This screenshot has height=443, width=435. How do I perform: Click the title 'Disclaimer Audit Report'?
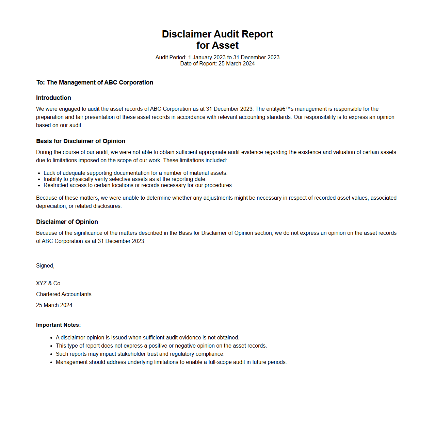(218, 34)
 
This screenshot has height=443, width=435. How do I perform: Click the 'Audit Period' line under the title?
(218, 57)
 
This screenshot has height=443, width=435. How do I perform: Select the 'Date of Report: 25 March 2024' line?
(218, 63)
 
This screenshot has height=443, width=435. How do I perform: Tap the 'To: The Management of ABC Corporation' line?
(95, 82)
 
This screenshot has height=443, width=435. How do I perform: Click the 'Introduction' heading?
(53, 98)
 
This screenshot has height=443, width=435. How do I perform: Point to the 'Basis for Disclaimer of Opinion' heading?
(81, 141)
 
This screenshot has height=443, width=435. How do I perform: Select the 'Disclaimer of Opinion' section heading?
(67, 222)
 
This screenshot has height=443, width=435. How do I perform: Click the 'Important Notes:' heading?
(58, 325)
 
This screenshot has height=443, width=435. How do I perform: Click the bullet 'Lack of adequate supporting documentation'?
(135, 173)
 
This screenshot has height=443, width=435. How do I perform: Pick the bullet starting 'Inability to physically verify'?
(125, 179)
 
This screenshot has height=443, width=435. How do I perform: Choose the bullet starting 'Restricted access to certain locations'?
(138, 185)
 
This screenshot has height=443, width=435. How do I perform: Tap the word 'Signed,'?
(45, 266)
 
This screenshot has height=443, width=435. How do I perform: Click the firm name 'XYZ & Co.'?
(49, 284)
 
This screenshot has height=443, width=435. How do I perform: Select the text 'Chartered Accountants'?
(64, 294)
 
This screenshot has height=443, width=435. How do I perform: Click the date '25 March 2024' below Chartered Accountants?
(54, 305)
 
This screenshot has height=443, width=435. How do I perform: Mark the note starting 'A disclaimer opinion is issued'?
(147, 338)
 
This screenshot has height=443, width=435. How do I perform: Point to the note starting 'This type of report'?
(161, 346)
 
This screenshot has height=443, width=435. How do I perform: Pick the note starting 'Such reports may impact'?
(140, 354)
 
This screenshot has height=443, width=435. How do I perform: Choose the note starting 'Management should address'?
(171, 362)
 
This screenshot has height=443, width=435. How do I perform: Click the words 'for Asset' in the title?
(218, 45)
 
